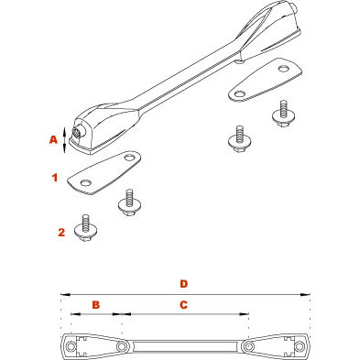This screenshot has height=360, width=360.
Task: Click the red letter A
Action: tap(53, 140)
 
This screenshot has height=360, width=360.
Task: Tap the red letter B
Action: tap(96, 304)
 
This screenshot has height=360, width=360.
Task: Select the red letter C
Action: tap(183, 304)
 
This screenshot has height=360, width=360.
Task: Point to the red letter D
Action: tap(183, 284)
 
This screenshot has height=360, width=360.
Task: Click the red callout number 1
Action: tap(55, 178)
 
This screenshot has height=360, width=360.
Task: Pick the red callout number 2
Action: tap(61, 233)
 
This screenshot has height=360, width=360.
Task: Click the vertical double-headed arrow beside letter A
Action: tap(64, 140)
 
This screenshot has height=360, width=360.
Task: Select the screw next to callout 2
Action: tap(86, 228)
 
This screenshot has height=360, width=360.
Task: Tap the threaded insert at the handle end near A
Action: tap(76, 133)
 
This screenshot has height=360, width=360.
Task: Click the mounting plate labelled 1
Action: tap(104, 173)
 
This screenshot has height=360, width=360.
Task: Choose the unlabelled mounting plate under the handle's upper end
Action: tap(266, 80)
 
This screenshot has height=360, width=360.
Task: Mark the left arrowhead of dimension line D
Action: tap(65, 295)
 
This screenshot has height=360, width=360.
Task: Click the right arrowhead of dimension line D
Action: tap(305, 295)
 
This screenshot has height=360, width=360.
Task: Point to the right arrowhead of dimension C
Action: tap(245, 313)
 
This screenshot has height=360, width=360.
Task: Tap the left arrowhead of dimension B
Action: tap(75, 313)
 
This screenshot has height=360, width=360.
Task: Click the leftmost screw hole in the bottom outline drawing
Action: tap(72, 346)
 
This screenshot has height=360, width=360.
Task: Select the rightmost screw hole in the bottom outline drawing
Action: tap(299, 346)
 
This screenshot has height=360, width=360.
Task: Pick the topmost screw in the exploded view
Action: tap(284, 113)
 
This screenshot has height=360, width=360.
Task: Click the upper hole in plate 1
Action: tap(130, 158)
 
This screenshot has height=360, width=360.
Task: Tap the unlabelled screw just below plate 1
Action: tap(130, 203)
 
